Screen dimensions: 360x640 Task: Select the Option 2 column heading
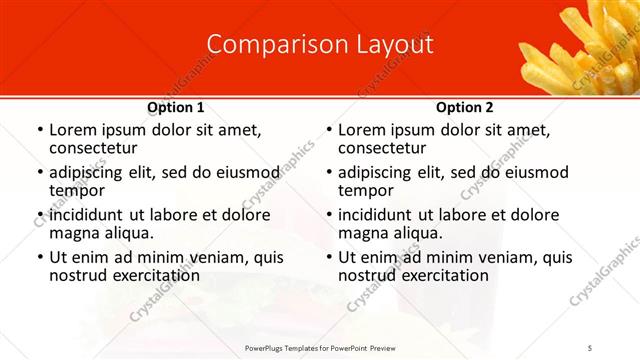[465, 107]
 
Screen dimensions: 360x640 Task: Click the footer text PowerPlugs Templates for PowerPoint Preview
[319, 347]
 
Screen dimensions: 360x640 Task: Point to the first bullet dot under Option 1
[39, 130]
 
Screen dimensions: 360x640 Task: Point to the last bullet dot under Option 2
[328, 257]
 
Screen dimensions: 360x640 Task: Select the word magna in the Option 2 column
[362, 233]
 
